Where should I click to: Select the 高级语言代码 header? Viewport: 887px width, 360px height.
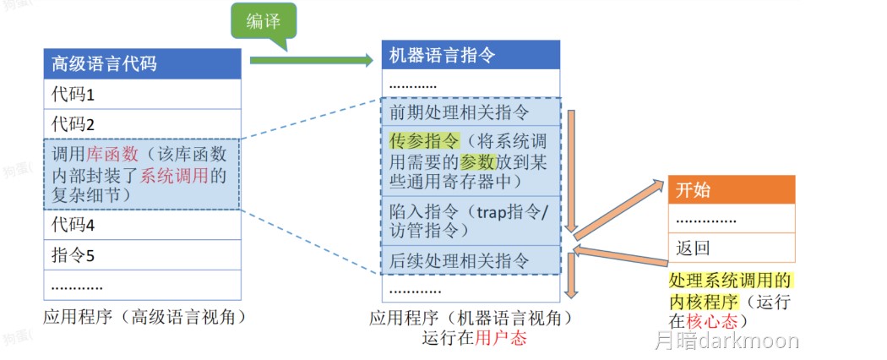point(143,63)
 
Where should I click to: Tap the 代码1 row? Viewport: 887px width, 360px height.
point(143,94)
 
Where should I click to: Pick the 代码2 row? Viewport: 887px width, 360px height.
point(143,123)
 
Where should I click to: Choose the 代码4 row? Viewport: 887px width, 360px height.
point(143,226)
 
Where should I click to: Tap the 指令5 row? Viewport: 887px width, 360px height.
point(143,255)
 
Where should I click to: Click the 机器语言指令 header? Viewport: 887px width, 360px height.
point(471,56)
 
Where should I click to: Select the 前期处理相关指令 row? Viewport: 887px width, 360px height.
point(471,112)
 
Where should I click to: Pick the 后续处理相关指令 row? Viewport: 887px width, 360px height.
point(471,259)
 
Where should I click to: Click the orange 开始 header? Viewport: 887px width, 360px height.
point(732,189)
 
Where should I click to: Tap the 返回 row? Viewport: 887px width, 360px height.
point(732,248)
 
